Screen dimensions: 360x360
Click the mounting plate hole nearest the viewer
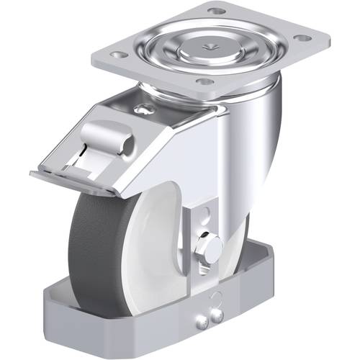pyautogui.click(x=205, y=81)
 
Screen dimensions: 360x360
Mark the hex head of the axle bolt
pyautogui.click(x=213, y=249)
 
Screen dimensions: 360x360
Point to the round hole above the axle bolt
pyautogui.click(x=204, y=214)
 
